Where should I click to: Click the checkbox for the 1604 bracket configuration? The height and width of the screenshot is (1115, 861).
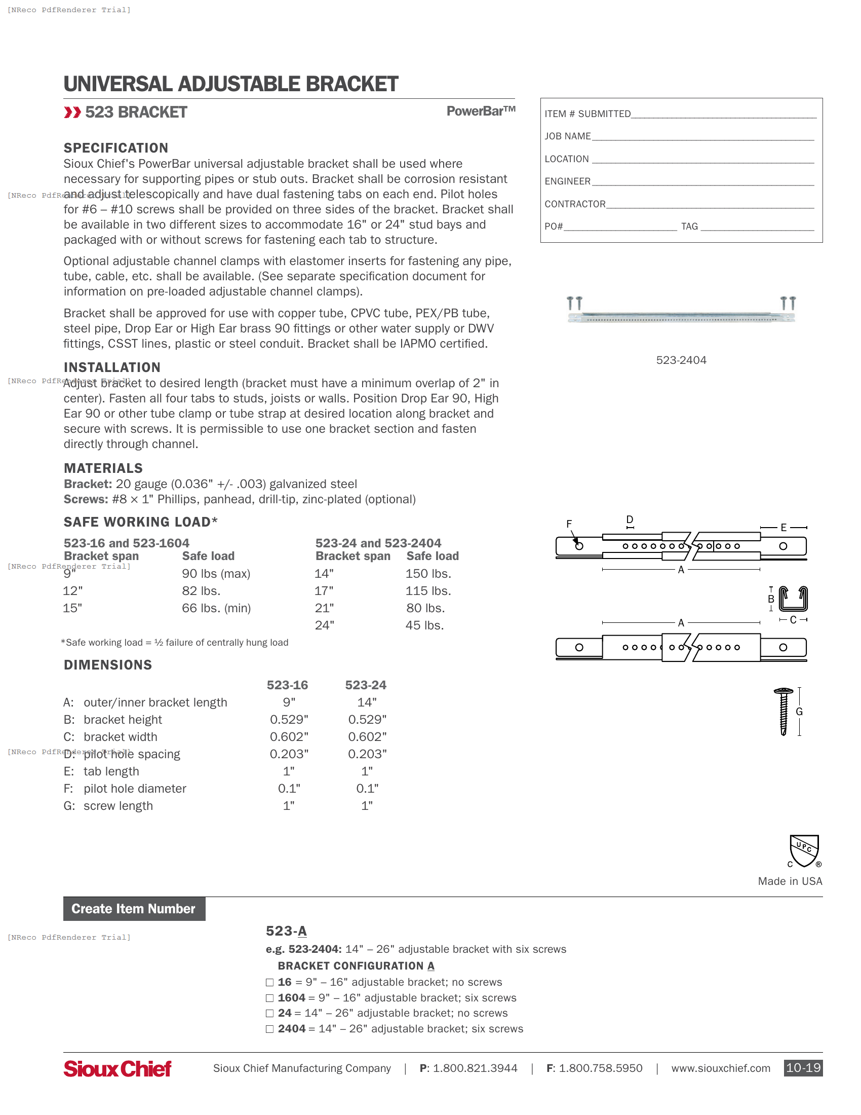click(269, 998)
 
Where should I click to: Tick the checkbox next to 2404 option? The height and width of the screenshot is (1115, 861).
click(269, 1029)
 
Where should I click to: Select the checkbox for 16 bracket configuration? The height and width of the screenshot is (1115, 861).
click(269, 983)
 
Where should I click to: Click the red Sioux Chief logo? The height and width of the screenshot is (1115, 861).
click(118, 1068)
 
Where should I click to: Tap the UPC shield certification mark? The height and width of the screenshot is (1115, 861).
click(804, 850)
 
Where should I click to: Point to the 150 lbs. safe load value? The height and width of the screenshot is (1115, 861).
click(428, 574)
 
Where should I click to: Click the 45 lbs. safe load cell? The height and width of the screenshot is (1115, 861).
click(424, 625)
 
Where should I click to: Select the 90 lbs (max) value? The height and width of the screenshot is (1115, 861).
click(216, 574)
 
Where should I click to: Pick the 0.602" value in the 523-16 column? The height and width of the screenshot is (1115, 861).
click(289, 737)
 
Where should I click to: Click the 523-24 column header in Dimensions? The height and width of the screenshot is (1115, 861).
click(365, 685)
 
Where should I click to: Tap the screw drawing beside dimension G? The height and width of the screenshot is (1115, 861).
click(784, 712)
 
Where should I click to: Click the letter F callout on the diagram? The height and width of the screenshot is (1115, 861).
click(569, 524)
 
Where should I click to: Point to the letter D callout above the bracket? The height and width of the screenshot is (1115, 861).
click(630, 519)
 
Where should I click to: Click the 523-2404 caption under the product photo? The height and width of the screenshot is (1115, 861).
click(681, 360)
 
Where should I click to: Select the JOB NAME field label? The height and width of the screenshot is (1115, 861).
click(567, 136)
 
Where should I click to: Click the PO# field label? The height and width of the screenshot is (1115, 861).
click(554, 226)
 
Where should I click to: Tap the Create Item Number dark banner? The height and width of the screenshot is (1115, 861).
click(134, 909)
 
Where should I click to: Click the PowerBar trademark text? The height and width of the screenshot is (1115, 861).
click(481, 111)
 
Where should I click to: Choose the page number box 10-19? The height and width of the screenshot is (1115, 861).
click(803, 1068)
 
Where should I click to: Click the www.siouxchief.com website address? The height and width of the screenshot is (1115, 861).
click(720, 1068)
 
